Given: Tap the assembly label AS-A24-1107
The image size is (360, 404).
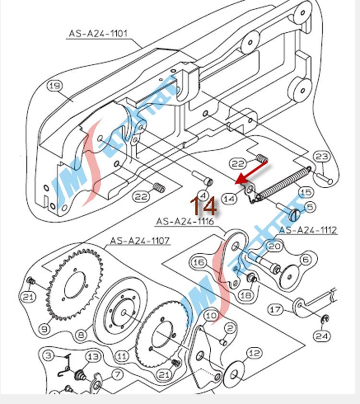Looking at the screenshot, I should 140,240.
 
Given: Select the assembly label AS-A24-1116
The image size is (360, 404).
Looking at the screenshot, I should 184,221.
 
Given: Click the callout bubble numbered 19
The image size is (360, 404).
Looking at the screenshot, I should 55,86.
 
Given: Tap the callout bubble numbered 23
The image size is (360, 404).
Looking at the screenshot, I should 322,157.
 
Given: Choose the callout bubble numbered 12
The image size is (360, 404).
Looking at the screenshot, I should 255,354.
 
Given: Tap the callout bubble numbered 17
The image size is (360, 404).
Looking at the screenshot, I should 276,310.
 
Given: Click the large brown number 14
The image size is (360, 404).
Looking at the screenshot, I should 204,205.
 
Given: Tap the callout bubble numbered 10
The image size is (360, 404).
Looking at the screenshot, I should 211,315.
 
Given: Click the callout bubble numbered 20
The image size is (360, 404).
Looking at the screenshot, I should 274,246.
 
